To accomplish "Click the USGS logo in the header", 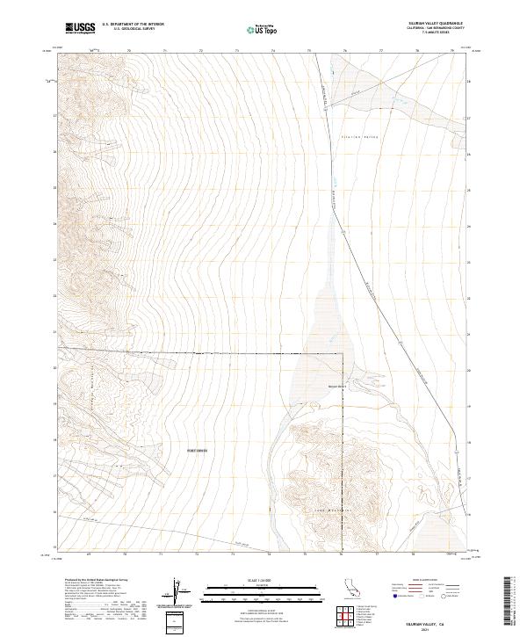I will point(80,28).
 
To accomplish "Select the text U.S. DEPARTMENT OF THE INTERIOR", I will point(133,25).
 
